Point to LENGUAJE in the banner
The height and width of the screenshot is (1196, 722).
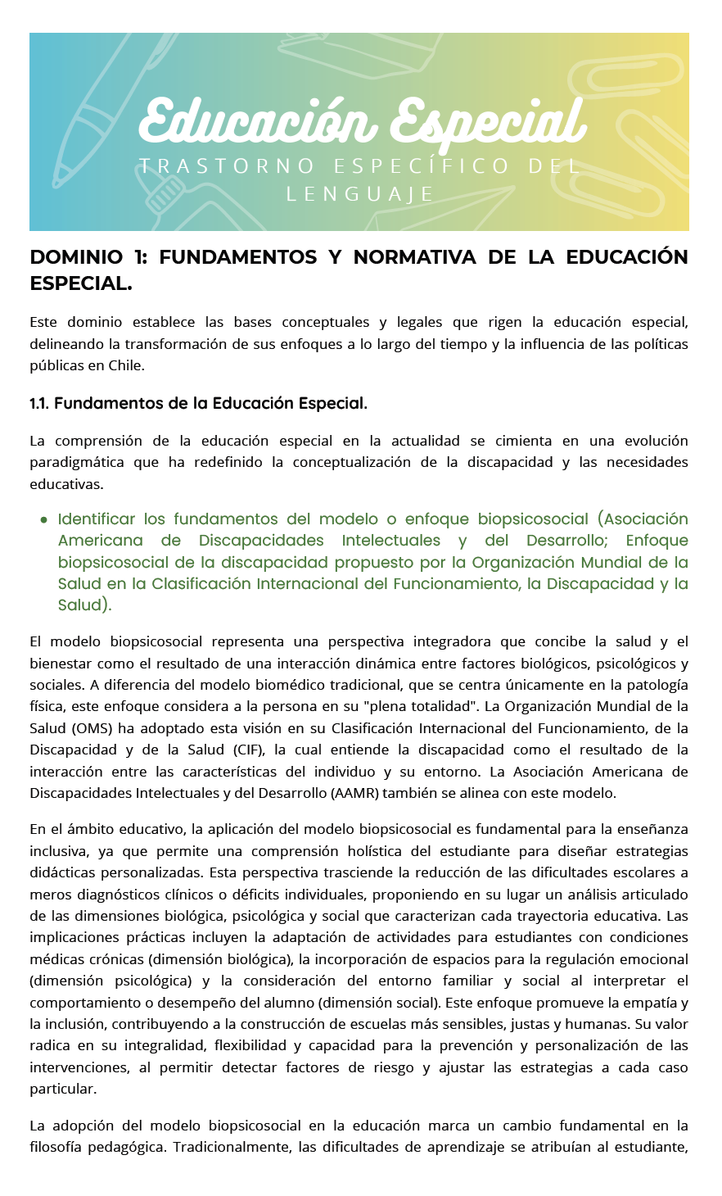pos(360,194)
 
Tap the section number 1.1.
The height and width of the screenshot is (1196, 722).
pos(39,403)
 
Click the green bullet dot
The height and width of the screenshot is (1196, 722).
pos(43,519)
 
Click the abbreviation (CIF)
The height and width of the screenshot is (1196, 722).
pos(246,750)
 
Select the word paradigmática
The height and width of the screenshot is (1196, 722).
pos(76,462)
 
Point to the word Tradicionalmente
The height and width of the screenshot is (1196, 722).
pos(232,1147)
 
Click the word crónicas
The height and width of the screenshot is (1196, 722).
pos(79,959)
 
